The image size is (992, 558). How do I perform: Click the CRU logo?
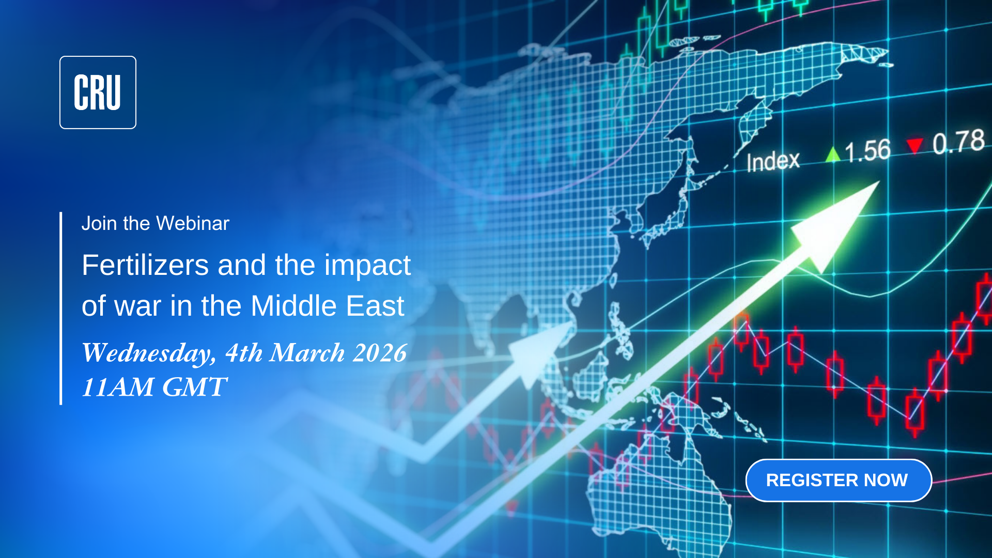pyautogui.click(x=98, y=92)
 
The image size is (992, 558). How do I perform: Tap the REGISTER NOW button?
pyautogui.click(x=839, y=481)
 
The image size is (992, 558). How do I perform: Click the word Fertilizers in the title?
pyautogui.click(x=145, y=265)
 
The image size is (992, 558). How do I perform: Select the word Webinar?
pyautogui.click(x=193, y=223)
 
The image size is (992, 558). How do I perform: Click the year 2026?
pyautogui.click(x=380, y=353)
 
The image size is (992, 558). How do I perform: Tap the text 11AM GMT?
pyautogui.click(x=154, y=387)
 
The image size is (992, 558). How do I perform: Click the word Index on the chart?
pyautogui.click(x=773, y=162)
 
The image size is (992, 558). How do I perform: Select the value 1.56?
pyautogui.click(x=867, y=151)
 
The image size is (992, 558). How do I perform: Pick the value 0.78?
pyautogui.click(x=959, y=142)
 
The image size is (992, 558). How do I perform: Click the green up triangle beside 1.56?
pyautogui.click(x=832, y=154)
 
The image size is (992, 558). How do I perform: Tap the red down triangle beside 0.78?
pyautogui.click(x=915, y=146)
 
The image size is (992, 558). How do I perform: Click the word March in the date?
pyautogui.click(x=307, y=353)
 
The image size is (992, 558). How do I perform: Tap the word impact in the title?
pyautogui.click(x=367, y=266)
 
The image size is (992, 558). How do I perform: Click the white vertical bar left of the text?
pyautogui.click(x=61, y=308)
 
